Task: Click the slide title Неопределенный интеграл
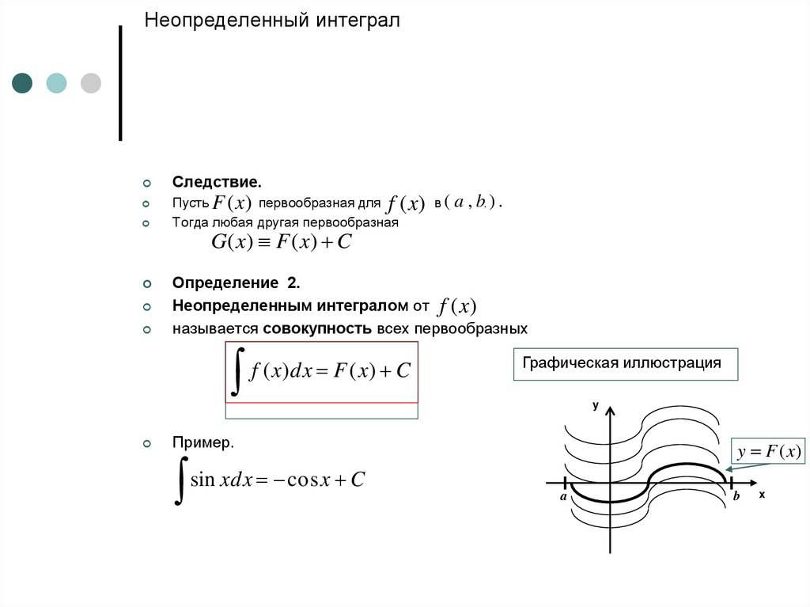pos(271,21)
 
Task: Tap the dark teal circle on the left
pos(22,83)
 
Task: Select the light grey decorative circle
pos(91,83)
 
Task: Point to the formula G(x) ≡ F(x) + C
pos(281,242)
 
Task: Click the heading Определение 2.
pos(237,283)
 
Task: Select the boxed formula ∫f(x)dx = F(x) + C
pos(322,371)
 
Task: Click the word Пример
pos(203,443)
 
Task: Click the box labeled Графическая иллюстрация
pos(625,364)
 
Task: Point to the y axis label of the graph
pos(596,406)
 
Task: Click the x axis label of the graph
pos(762,494)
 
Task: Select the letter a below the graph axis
pos(562,498)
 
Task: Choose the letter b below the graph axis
pos(736,497)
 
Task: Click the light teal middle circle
pos(56,83)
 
